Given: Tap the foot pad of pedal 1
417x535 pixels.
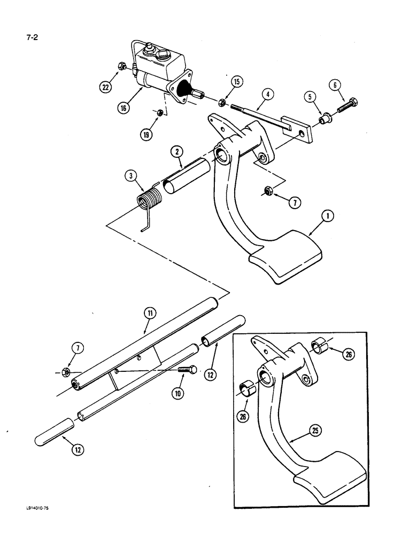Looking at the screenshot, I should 285,259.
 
